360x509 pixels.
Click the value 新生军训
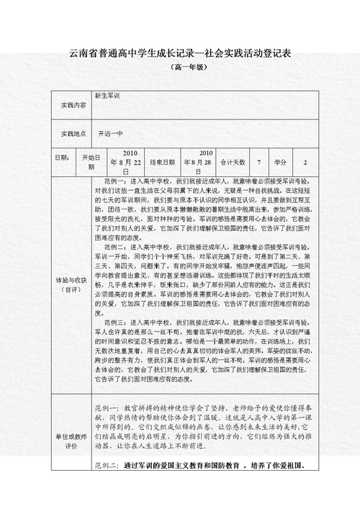pos(107,95)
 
